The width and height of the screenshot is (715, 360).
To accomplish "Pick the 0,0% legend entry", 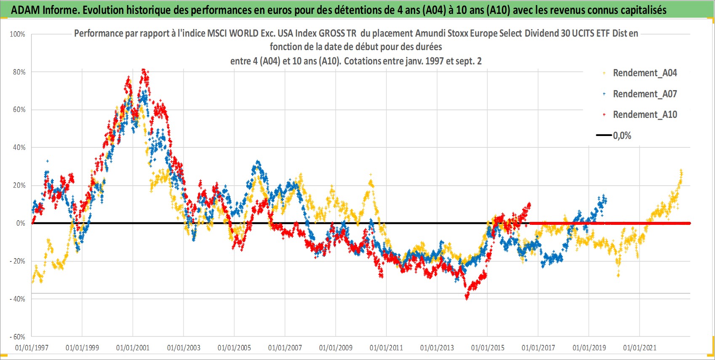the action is point(614,136).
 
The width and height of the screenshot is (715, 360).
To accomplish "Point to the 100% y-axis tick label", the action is point(18,34).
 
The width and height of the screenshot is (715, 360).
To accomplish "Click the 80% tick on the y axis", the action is point(19,72).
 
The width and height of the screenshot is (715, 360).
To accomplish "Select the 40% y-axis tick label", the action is point(19,147).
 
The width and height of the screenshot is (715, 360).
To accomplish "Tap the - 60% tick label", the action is point(18,337).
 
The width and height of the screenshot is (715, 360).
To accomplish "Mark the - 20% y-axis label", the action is point(18,261).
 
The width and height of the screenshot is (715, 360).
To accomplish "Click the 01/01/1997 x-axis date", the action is point(32,347).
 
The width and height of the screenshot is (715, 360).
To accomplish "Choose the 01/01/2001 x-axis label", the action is point(133,347).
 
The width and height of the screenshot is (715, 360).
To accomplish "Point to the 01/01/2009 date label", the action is point(336,347).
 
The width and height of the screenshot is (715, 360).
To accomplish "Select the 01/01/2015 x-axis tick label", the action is point(488,347).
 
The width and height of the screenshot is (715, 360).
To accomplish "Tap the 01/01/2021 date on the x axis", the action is point(640,347).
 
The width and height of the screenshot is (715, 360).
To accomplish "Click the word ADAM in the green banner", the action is point(26,10).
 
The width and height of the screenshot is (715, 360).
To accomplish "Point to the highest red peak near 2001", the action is point(144,69).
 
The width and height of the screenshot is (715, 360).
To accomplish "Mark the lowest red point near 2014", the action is point(467,298).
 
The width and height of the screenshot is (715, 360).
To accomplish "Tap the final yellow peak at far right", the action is point(681,171).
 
